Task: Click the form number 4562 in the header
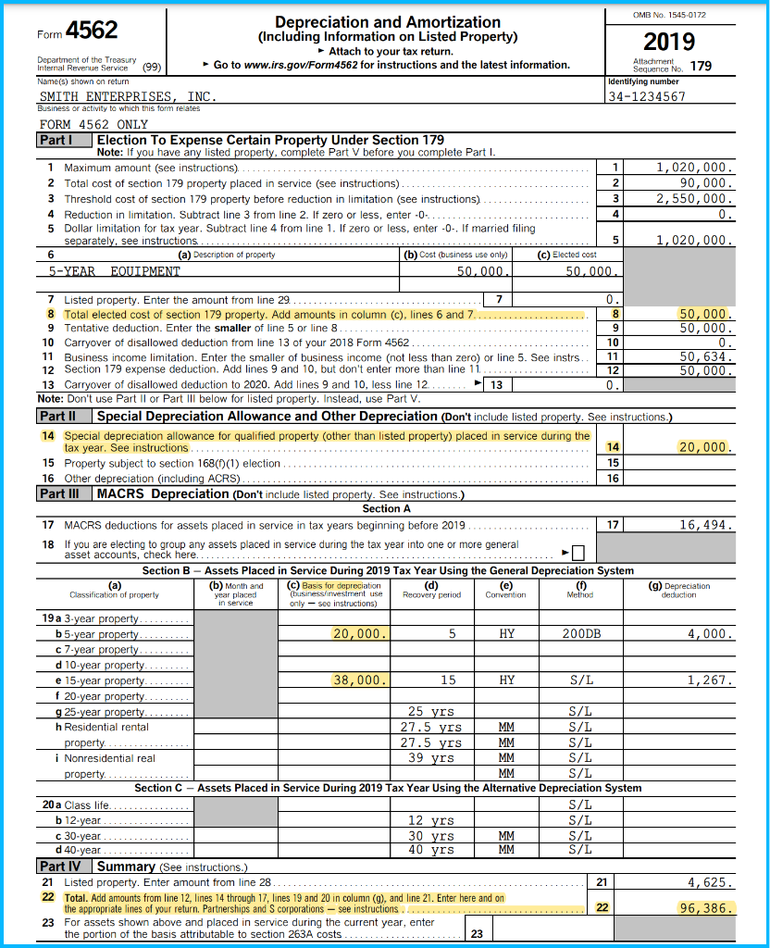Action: [x=91, y=31]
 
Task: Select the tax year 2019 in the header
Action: [x=668, y=42]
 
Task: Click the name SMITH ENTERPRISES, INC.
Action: [x=128, y=96]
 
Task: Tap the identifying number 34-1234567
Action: [x=647, y=96]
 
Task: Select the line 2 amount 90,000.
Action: [x=705, y=183]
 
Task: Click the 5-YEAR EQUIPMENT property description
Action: [x=115, y=271]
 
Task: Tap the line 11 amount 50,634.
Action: [x=705, y=355]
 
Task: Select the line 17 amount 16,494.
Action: [x=705, y=525]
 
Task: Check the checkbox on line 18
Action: [x=578, y=554]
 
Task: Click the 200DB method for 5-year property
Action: [x=581, y=634]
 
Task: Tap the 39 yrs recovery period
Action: [x=430, y=757]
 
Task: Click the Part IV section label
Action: [x=64, y=867]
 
